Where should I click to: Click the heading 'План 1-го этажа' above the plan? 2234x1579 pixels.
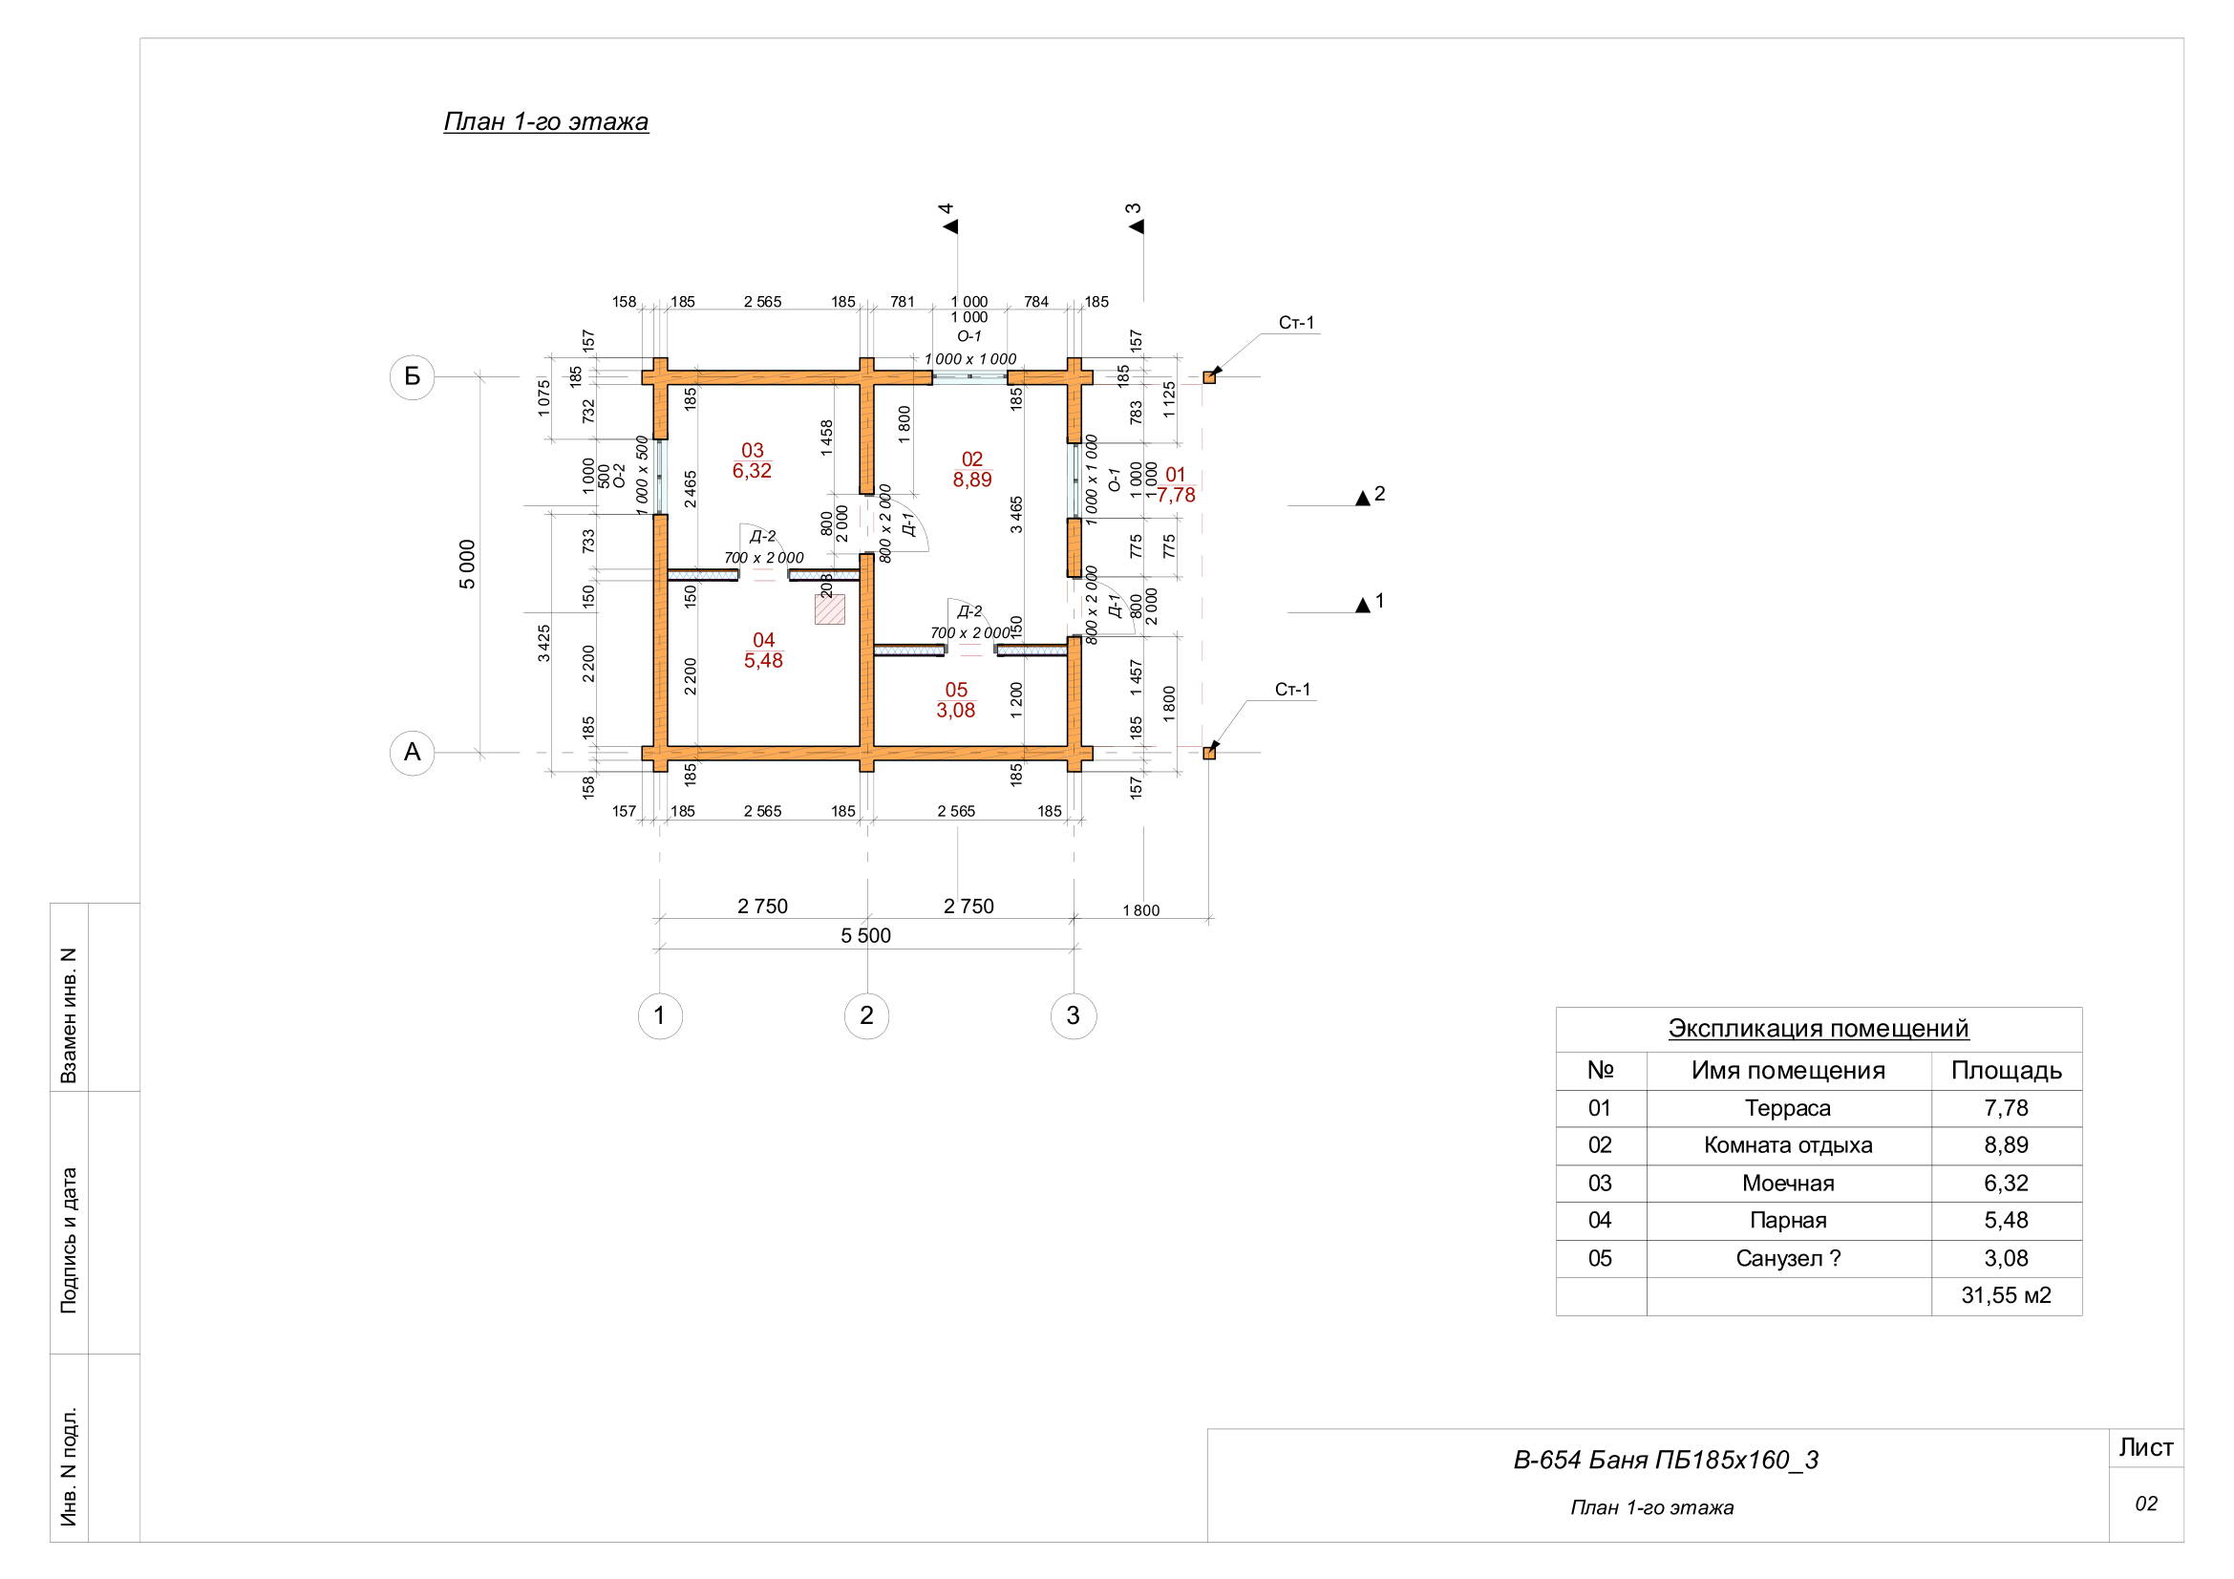click(x=546, y=121)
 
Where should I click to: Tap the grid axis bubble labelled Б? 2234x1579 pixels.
click(x=413, y=376)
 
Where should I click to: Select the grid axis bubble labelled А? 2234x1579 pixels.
click(x=413, y=752)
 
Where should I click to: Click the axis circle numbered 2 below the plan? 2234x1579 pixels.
click(x=867, y=1015)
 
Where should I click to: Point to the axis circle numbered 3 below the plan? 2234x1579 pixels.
click(x=1074, y=1015)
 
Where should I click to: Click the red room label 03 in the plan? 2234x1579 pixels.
click(x=752, y=451)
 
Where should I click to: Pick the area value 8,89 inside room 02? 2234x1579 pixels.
click(x=972, y=480)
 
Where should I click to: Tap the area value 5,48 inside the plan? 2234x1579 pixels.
click(x=764, y=661)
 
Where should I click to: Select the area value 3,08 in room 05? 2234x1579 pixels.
click(x=955, y=710)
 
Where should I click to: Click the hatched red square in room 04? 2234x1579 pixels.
click(x=830, y=610)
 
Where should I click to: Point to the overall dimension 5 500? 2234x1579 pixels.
click(x=866, y=936)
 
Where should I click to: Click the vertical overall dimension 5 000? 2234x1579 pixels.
click(x=467, y=565)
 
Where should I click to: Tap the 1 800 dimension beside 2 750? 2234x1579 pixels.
click(x=1141, y=910)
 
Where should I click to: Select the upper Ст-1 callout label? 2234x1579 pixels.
click(x=1296, y=323)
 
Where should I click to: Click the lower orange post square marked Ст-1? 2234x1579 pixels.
click(x=1208, y=753)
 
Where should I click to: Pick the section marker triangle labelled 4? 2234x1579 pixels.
click(x=950, y=226)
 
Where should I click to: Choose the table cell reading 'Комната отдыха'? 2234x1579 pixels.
click(x=1787, y=1145)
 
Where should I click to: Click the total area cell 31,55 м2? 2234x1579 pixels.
click(x=2006, y=1295)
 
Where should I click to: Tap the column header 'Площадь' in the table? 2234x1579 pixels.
click(x=2007, y=1070)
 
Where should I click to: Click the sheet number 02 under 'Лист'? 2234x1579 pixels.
click(x=2145, y=1504)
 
